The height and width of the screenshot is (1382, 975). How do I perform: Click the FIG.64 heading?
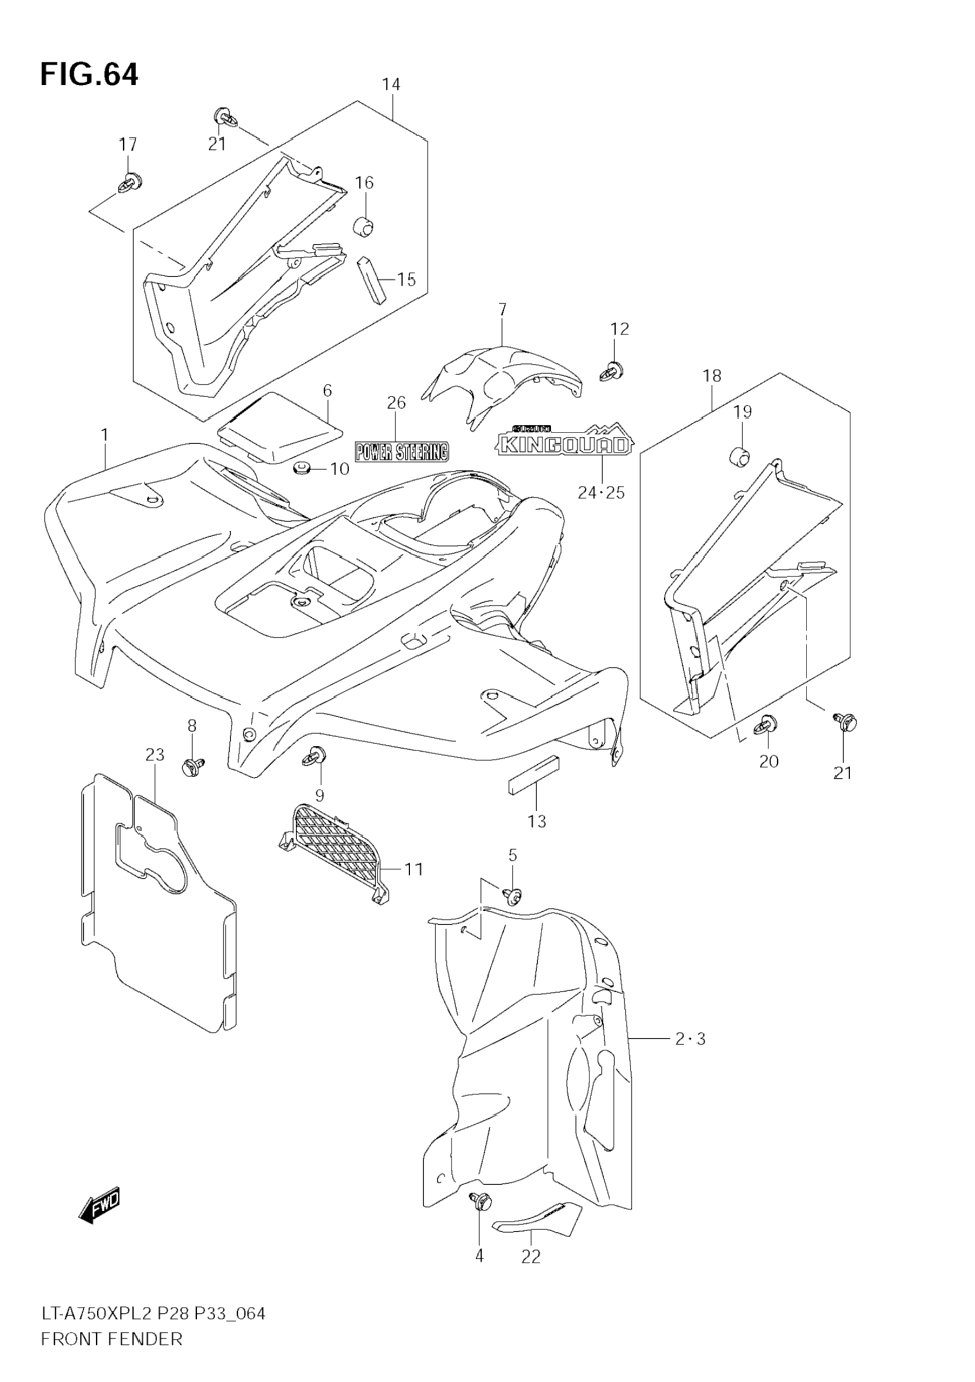[89, 75]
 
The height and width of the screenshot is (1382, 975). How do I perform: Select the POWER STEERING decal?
[402, 451]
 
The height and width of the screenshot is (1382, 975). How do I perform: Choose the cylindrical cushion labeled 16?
[363, 227]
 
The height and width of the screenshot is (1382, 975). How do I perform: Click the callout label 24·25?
[601, 493]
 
